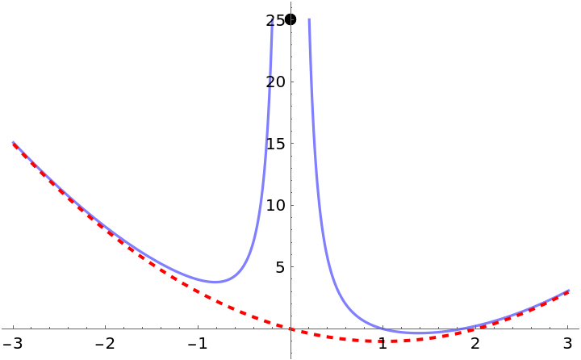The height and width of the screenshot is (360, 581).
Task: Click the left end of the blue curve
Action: (x=13, y=142)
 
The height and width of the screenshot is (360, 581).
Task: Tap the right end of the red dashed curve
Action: (x=569, y=291)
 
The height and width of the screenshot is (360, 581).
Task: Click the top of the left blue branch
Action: (x=272, y=18)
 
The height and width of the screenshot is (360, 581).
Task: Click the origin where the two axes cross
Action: (x=290, y=329)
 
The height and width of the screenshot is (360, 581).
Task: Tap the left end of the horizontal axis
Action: (x=2, y=329)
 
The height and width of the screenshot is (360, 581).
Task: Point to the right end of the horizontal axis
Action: (x=579, y=329)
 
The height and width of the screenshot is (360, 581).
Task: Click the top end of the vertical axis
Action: (x=290, y=2)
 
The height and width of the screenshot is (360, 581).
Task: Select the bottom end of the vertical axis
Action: (x=290, y=358)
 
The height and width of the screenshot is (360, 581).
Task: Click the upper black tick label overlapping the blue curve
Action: (x=272, y=21)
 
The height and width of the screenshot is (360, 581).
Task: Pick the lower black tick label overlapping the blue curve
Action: (x=270, y=82)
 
